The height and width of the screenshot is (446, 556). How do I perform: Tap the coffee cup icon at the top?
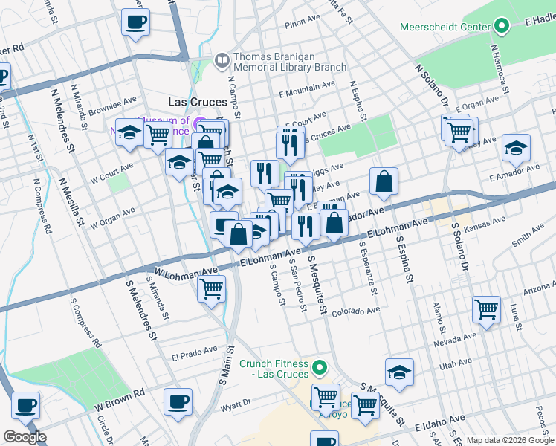tap(135, 22)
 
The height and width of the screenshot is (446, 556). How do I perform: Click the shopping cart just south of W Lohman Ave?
tap(212, 288)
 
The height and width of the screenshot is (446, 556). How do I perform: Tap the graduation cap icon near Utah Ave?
tap(399, 373)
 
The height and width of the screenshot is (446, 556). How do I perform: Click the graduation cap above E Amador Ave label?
tap(515, 147)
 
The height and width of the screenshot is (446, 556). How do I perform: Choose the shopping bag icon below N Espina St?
tap(384, 181)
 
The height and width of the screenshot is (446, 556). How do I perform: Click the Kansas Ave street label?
tap(479, 224)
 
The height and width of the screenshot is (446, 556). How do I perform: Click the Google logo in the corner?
tap(25, 437)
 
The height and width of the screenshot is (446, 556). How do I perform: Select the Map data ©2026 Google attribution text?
tap(510, 440)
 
